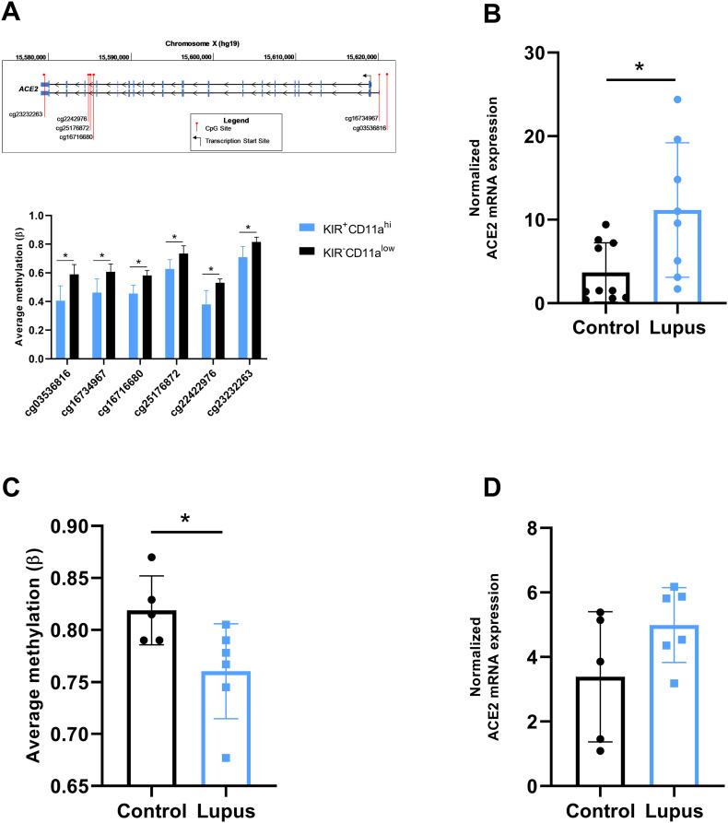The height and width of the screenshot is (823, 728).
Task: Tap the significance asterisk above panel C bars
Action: point(184,518)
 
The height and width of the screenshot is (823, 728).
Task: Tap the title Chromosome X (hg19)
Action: point(200,43)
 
